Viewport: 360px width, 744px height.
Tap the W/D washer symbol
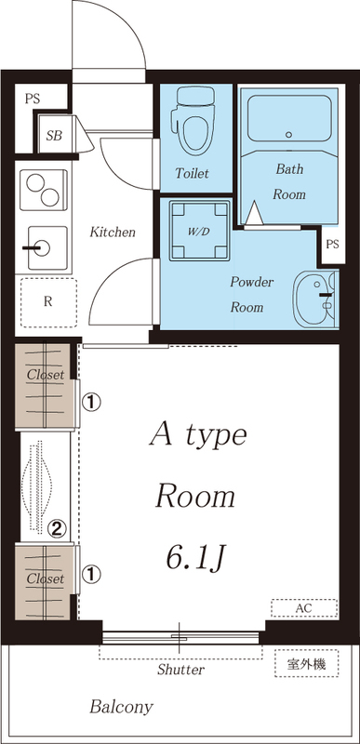pyautogui.click(x=199, y=231)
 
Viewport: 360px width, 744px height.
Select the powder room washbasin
pyautogui.click(x=315, y=299)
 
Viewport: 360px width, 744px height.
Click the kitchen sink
pyautogui.click(x=43, y=248)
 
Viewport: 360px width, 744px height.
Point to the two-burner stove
pyautogui.click(x=43, y=190)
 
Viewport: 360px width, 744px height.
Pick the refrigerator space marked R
pyautogui.click(x=47, y=302)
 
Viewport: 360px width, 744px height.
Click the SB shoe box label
pyautogui.click(x=54, y=136)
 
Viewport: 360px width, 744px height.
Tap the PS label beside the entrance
pyautogui.click(x=33, y=100)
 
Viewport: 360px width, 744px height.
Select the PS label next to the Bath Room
pyautogui.click(x=332, y=245)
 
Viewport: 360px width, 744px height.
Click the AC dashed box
pyautogui.click(x=304, y=608)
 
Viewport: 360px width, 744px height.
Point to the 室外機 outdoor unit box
pyautogui.click(x=306, y=663)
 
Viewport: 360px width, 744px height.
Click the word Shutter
pyautogui.click(x=180, y=670)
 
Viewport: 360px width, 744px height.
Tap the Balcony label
pyautogui.click(x=122, y=708)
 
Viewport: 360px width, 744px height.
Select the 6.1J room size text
pyautogui.click(x=194, y=559)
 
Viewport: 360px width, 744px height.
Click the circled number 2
pyautogui.click(x=58, y=528)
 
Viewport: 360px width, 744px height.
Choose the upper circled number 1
pyautogui.click(x=91, y=403)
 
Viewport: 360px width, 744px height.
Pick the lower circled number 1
pyautogui.click(x=91, y=575)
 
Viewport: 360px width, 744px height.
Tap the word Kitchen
pyautogui.click(x=113, y=232)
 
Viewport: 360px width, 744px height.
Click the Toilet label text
pyautogui.click(x=193, y=173)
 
